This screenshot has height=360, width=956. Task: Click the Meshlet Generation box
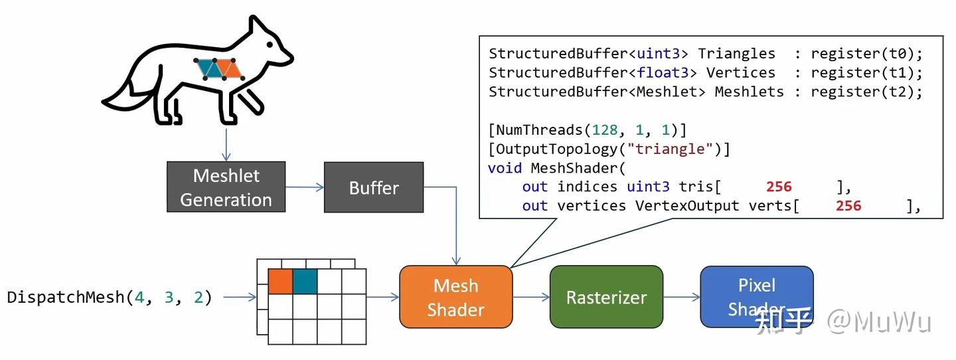click(x=226, y=187)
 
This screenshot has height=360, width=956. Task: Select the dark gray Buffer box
click(x=373, y=187)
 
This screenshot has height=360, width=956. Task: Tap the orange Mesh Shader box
click(x=455, y=297)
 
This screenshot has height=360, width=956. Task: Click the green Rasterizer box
click(x=606, y=297)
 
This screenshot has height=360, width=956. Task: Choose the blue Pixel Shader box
click(x=756, y=296)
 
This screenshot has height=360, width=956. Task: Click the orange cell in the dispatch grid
click(x=280, y=282)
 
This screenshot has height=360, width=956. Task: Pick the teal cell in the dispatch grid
click(x=305, y=282)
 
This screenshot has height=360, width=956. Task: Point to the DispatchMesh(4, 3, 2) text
click(x=110, y=297)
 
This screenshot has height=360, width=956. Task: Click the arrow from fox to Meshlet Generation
click(x=226, y=144)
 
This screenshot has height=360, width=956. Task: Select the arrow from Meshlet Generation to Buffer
click(x=304, y=187)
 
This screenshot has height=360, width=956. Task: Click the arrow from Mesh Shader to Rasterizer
click(x=531, y=297)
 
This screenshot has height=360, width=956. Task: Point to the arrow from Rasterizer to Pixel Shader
click(x=682, y=297)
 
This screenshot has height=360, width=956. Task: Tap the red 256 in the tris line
click(x=779, y=187)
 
